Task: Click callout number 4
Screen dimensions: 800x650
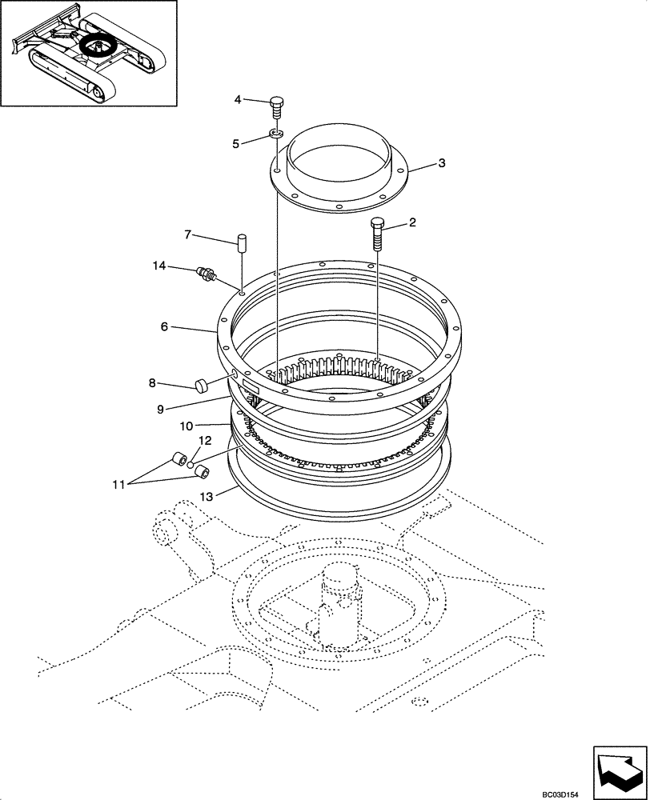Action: point(237,99)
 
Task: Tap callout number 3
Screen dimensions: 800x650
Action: point(441,163)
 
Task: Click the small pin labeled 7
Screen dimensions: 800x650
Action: point(240,243)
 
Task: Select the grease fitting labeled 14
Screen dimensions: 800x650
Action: point(205,274)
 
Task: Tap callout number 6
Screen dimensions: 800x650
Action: point(163,327)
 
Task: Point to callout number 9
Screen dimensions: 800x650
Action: point(159,409)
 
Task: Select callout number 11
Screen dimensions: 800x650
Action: point(118,483)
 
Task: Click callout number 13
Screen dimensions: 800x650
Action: point(207,497)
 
